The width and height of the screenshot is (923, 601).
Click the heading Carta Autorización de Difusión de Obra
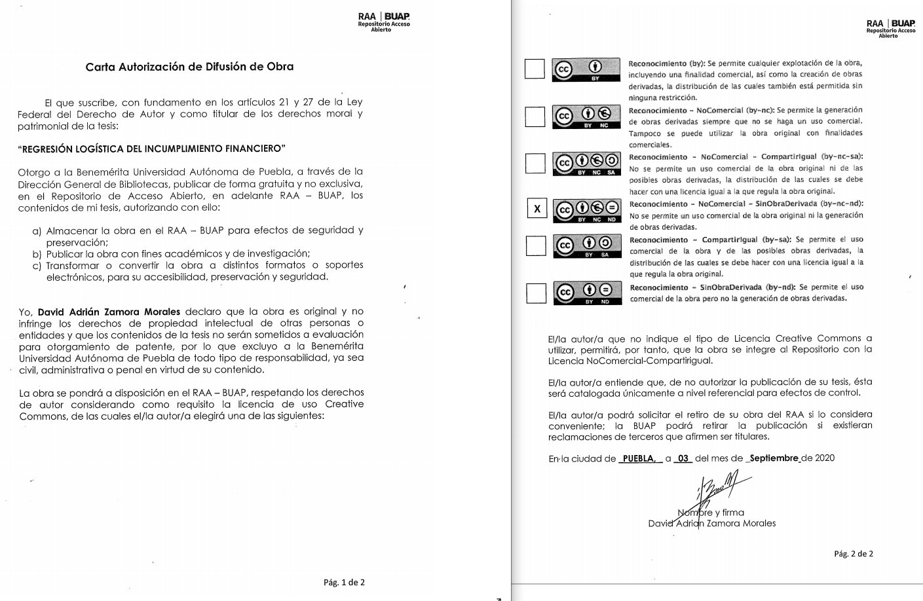coord(189,67)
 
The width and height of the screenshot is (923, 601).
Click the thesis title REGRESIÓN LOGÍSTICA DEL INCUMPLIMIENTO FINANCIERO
coord(152,149)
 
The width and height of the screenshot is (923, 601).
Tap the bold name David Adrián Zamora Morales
coord(109,312)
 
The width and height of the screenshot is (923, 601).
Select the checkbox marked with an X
coord(537,209)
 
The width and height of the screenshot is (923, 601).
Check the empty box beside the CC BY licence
coord(535,69)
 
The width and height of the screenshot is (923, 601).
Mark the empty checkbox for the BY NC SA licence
coord(535,164)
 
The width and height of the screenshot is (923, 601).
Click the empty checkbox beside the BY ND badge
coord(536,293)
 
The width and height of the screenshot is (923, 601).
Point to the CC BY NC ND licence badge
coord(586,210)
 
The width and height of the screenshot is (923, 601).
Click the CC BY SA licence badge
coord(586,245)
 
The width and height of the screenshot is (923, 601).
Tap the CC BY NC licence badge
coord(586,117)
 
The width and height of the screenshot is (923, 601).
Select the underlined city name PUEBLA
coord(639,458)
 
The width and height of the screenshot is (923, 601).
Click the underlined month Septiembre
coord(774,458)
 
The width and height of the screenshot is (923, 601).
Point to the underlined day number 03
coord(683,458)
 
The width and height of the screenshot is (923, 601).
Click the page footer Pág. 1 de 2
coord(344,582)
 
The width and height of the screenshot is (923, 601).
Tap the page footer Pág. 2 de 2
coord(853,554)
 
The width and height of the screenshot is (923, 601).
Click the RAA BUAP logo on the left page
coord(384,21)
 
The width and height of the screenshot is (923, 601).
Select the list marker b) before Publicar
coord(37,254)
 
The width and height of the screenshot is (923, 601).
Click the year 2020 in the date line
coord(824,458)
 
